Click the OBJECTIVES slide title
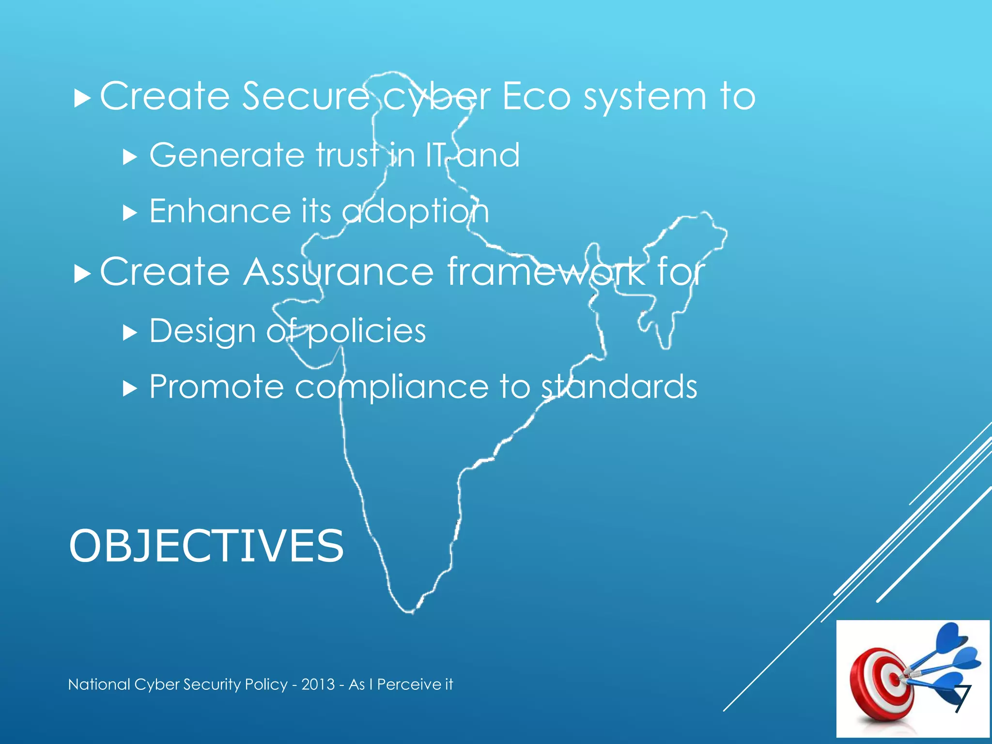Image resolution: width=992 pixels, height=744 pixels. pyautogui.click(x=206, y=546)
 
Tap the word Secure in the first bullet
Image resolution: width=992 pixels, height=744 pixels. pyautogui.click(x=306, y=96)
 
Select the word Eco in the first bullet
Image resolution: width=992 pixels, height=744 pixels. pyautogui.click(x=537, y=96)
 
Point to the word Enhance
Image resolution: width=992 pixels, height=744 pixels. pyautogui.click(x=220, y=211)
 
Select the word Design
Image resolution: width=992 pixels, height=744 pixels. pyautogui.click(x=202, y=332)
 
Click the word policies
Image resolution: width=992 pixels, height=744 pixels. pyautogui.click(x=367, y=332)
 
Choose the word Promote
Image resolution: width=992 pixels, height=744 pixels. pyautogui.click(x=217, y=387)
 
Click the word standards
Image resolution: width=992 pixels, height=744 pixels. pyautogui.click(x=619, y=387)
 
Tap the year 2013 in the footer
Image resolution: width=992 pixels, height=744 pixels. pyautogui.click(x=318, y=684)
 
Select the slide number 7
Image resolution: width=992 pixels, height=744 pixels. pyautogui.click(x=962, y=699)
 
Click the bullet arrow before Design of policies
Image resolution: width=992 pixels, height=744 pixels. pyautogui.click(x=130, y=333)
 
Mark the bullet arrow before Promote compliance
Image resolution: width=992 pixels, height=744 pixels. pyautogui.click(x=130, y=388)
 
